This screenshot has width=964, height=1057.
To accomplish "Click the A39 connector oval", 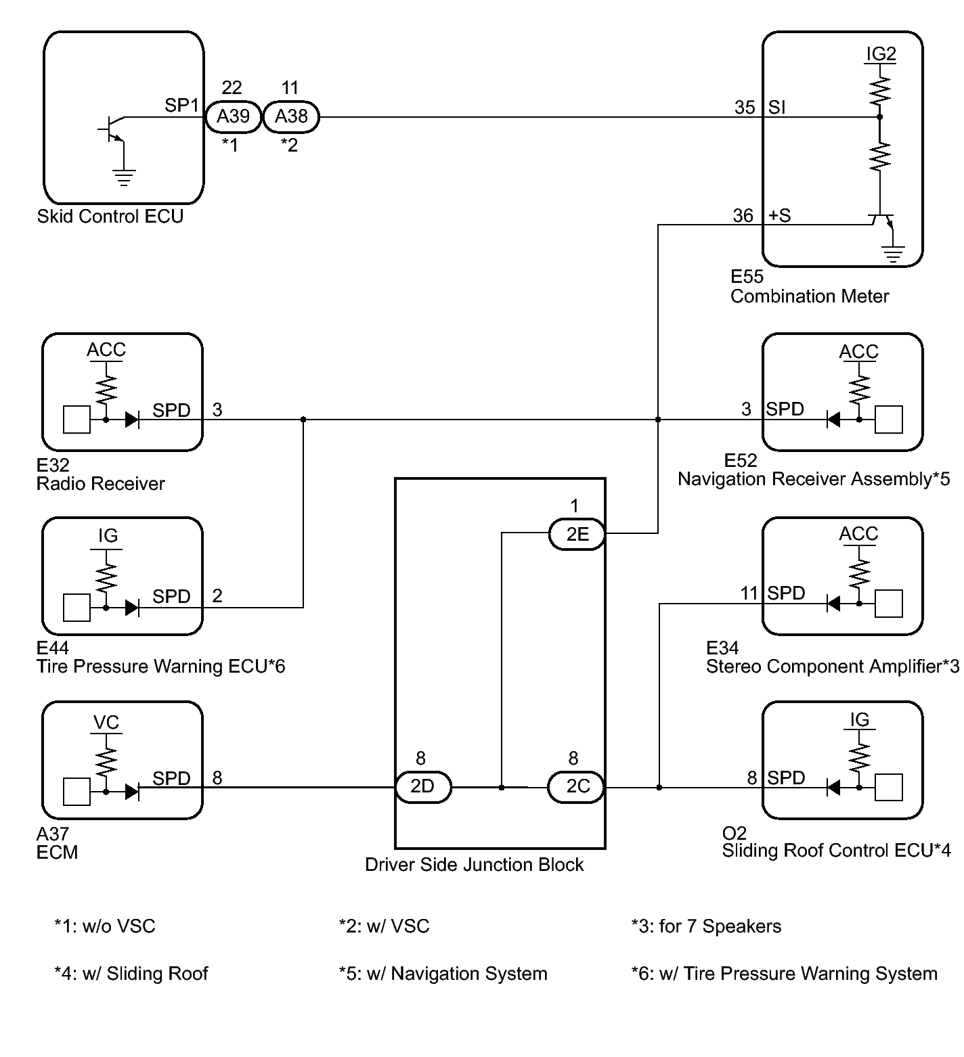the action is point(233,116).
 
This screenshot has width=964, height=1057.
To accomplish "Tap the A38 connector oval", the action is point(290,116).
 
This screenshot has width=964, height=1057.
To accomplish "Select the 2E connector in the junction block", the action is point(577,534).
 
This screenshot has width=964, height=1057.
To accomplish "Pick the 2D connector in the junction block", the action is point(422,787).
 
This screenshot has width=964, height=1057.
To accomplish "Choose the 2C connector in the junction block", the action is point(577,787).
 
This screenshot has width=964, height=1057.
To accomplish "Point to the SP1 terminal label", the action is point(182,106).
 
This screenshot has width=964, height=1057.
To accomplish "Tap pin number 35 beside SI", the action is point(745,108).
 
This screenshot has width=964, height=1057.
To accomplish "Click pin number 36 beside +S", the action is point(743,215).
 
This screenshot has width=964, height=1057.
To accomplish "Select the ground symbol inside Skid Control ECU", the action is point(124,177).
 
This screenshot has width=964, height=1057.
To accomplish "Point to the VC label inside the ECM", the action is point(106,723).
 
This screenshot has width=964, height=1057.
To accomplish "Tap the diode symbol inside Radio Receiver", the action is point(132,420).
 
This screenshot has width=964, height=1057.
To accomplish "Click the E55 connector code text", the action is point(747,277).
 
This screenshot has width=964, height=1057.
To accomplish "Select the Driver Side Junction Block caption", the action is point(474,865).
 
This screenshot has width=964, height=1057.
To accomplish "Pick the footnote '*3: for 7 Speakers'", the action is point(706,926).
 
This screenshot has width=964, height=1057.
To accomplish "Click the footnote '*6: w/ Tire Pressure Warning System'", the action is point(784,974).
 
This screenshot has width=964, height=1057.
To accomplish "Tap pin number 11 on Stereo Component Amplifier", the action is point(749,593).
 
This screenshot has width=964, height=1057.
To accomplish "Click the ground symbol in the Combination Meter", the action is point(894,255).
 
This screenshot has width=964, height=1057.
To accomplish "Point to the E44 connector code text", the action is point(53,648).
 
